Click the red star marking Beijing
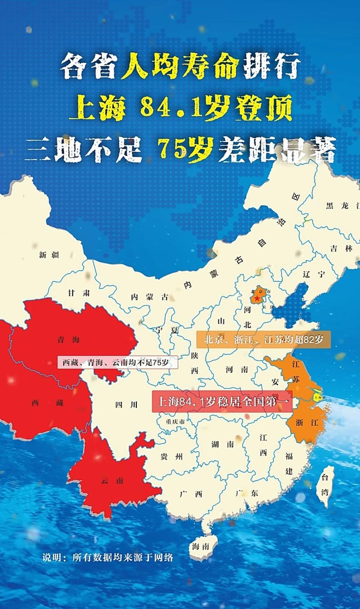257,297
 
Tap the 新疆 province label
49,255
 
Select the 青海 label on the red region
69,340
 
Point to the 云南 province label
112,480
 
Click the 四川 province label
126,404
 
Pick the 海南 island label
201,546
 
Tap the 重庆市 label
175,422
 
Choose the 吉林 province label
341,248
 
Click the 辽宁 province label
314,274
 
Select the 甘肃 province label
79,293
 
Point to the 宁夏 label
167,330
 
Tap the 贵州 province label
172,456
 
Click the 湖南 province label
223,444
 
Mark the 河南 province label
236,369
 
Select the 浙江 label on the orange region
307,422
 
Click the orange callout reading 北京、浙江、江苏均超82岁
264,339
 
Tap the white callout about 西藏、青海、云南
117,362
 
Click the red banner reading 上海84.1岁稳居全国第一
222,401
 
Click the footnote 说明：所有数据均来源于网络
108,557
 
